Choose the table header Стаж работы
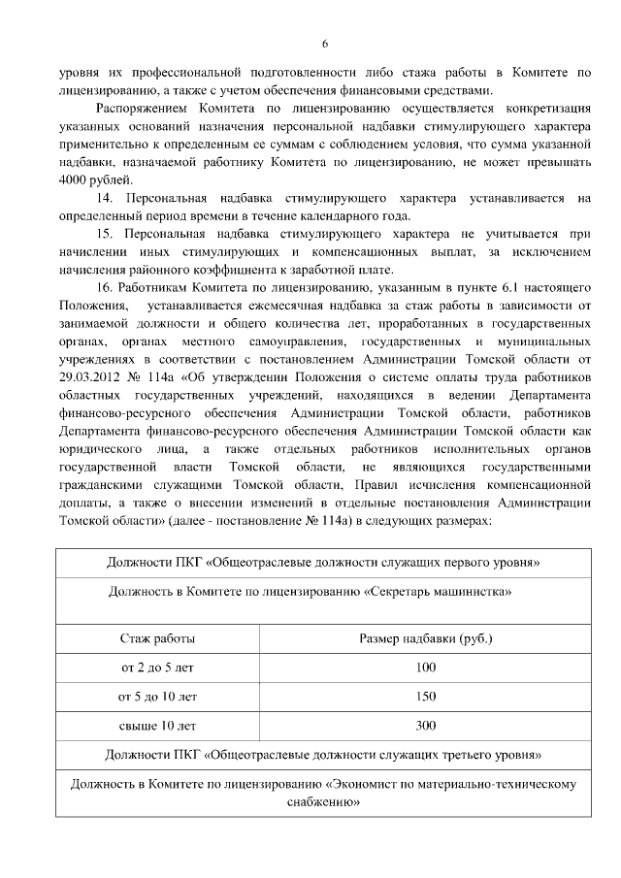pyautogui.click(x=157, y=639)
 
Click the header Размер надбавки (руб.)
pyautogui.click(x=425, y=639)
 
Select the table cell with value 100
pyautogui.click(x=425, y=667)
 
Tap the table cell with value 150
pyautogui.click(x=425, y=696)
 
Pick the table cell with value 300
pyautogui.click(x=425, y=725)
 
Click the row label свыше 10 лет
pyautogui.click(x=157, y=725)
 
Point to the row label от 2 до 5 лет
pyautogui.click(x=157, y=667)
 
